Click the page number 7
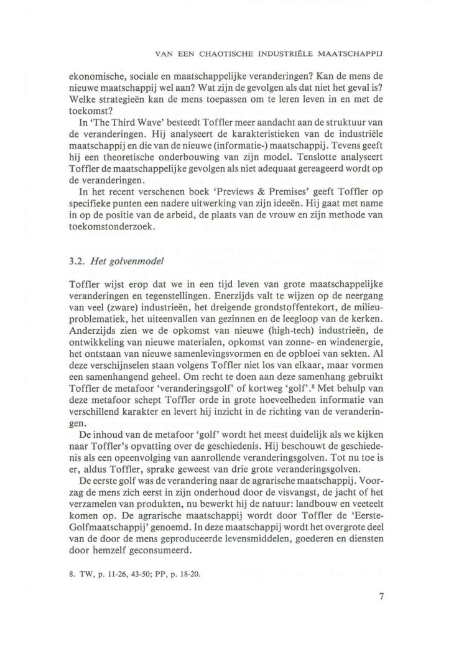pos(381,599)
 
